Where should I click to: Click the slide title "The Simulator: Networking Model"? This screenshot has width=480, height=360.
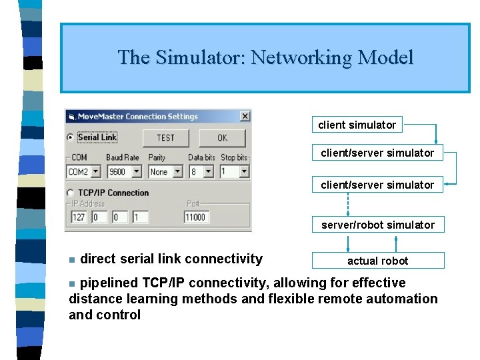click(x=265, y=57)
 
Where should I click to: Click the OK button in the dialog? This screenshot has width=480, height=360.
click(x=222, y=138)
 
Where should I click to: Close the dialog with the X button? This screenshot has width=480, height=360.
click(x=245, y=116)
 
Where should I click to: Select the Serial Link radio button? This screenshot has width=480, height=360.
click(x=71, y=138)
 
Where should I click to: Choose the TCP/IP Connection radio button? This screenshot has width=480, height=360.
click(x=71, y=193)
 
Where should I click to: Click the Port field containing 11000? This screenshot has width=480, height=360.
click(x=196, y=217)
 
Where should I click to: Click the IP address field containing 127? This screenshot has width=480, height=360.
click(x=79, y=217)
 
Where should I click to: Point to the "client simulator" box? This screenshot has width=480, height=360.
click(x=357, y=125)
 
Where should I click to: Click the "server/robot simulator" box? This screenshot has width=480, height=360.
click(x=378, y=225)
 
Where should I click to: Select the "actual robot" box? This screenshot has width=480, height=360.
click(x=378, y=261)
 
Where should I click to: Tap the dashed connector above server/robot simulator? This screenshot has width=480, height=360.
click(x=348, y=205)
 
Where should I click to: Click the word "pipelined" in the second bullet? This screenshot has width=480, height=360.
click(x=109, y=283)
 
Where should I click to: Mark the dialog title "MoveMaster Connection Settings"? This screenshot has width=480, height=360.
click(x=138, y=117)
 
